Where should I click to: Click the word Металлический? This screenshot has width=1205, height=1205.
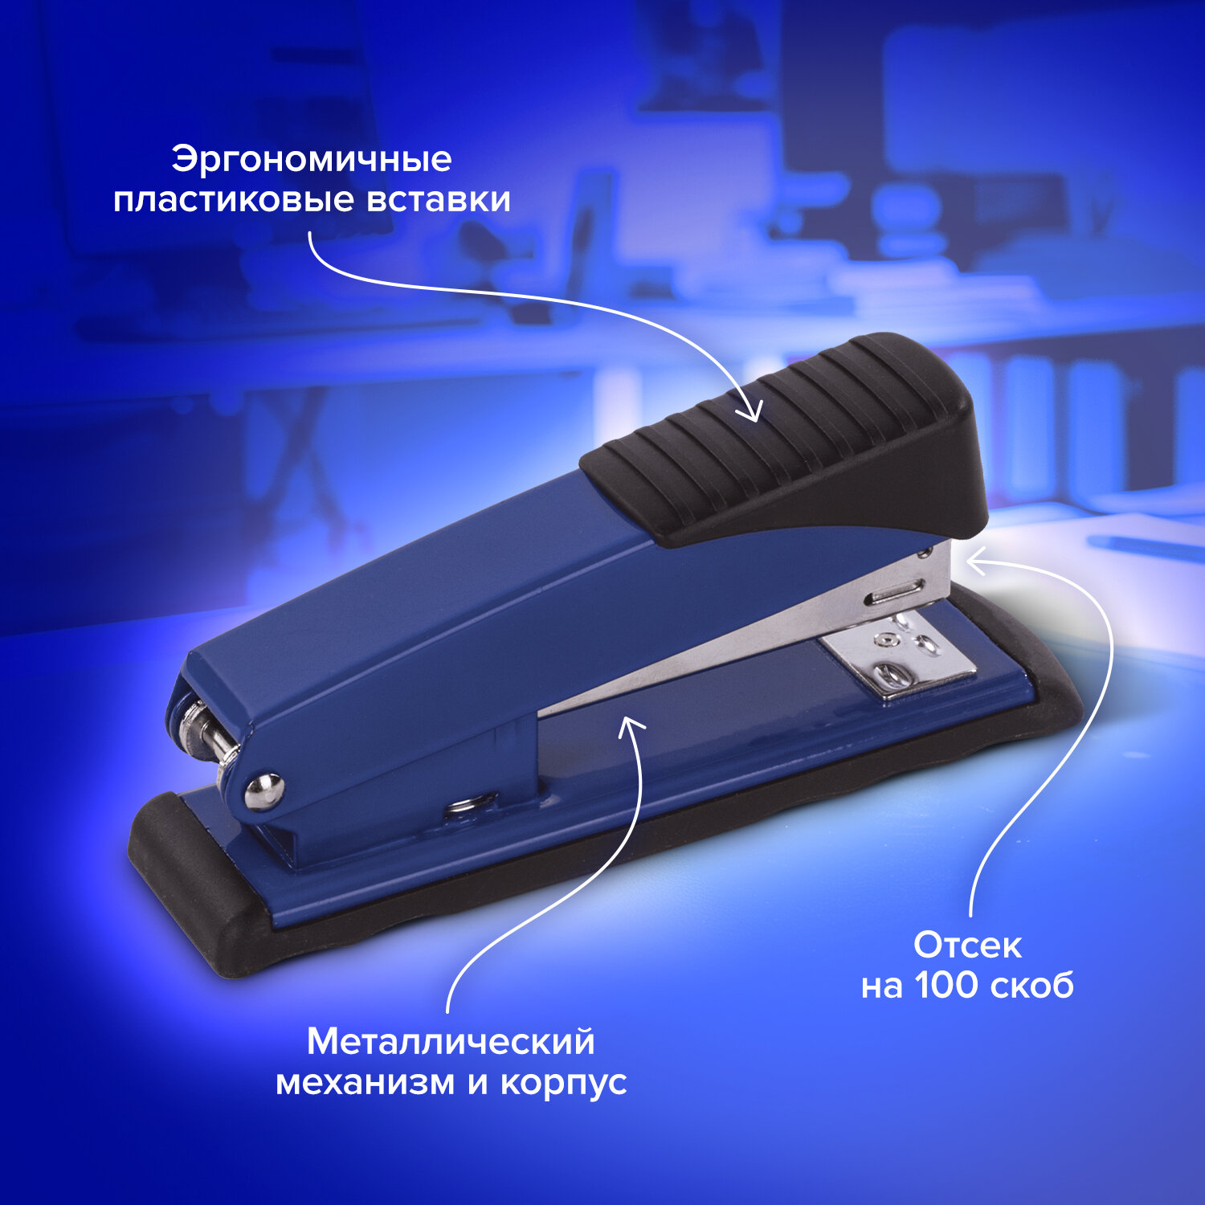tap(451, 1042)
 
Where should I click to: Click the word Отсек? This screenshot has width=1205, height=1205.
tap(967, 946)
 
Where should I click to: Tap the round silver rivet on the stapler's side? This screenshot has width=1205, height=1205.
tap(265, 790)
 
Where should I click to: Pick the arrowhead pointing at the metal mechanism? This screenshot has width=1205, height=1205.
tap(631, 725)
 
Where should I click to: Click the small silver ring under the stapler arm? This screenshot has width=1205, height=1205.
tap(472, 803)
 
